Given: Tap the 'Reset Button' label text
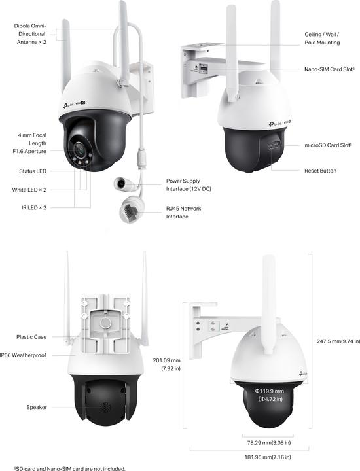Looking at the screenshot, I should (x=320, y=171).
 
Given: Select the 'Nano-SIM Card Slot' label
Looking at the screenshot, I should (x=329, y=69).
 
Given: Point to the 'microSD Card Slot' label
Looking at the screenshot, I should (x=329, y=145).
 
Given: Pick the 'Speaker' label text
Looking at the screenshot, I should (x=36, y=407).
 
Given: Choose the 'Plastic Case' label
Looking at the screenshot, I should (x=31, y=337).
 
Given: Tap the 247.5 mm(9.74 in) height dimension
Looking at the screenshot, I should (x=334, y=341).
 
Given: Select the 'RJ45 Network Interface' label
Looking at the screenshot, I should (x=183, y=212).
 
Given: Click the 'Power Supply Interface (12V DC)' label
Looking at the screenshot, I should (x=189, y=184).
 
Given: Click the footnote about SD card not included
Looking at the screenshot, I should (x=62, y=468).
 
